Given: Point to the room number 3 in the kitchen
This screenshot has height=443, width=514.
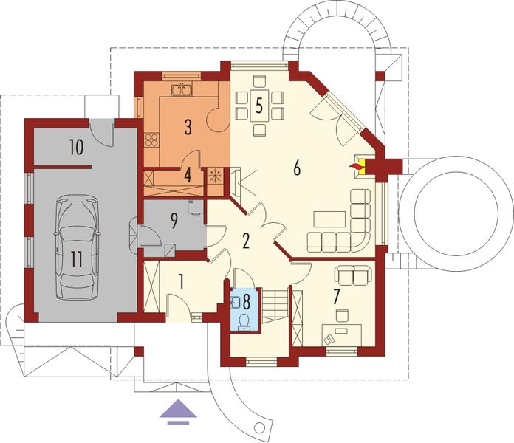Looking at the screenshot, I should point(188,127).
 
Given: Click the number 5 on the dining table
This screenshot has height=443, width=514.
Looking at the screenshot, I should point(258,104).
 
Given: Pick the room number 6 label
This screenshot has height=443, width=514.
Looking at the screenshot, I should point(296,168).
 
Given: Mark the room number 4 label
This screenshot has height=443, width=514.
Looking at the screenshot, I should point(188,175).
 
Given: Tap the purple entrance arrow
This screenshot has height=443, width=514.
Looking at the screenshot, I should point(178,410).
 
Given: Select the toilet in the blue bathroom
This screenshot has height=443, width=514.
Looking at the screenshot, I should point(244,320).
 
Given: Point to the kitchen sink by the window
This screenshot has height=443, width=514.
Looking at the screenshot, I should point(181,91).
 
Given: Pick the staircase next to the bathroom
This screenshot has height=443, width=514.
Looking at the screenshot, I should point(275,303).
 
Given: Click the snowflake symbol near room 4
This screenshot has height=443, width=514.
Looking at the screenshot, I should point(216,176).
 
